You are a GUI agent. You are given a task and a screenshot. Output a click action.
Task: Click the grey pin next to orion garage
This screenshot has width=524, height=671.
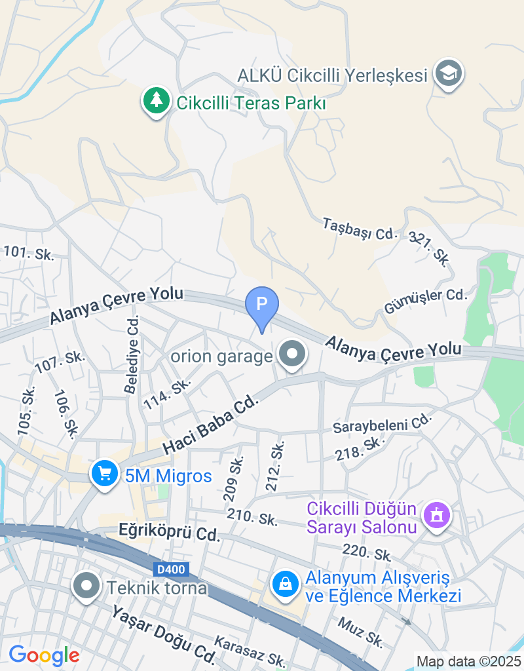[x=292, y=355]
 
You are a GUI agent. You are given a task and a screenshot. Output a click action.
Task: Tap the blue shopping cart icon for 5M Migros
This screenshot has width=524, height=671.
[x=104, y=474]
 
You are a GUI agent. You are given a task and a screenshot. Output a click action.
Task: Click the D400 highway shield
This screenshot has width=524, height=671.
[x=172, y=569]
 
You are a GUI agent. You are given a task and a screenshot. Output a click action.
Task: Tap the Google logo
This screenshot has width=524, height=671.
[x=44, y=655]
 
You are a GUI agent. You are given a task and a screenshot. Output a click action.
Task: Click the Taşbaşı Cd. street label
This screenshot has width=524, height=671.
[x=360, y=229]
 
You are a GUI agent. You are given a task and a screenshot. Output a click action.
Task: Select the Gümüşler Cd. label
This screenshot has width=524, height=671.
[x=426, y=301]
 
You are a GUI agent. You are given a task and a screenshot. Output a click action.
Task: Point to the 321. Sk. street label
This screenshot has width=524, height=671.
[x=430, y=248]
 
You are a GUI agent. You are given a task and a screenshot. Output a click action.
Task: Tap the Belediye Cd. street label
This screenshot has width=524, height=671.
[x=132, y=355]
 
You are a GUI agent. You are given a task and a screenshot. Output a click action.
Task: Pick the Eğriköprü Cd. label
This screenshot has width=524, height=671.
[x=169, y=531]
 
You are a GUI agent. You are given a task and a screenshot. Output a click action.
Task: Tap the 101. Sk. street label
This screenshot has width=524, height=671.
[x=28, y=252]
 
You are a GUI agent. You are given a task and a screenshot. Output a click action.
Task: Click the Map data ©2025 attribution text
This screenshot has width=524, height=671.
[x=469, y=661]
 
